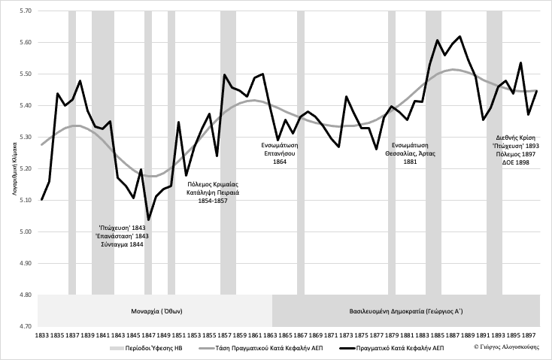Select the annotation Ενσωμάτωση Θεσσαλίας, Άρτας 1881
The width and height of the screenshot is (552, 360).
pyautogui.click(x=411, y=153)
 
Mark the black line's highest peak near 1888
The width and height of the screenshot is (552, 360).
pyautogui.click(x=459, y=36)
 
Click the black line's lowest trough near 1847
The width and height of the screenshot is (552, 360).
pyautogui.click(x=148, y=219)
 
